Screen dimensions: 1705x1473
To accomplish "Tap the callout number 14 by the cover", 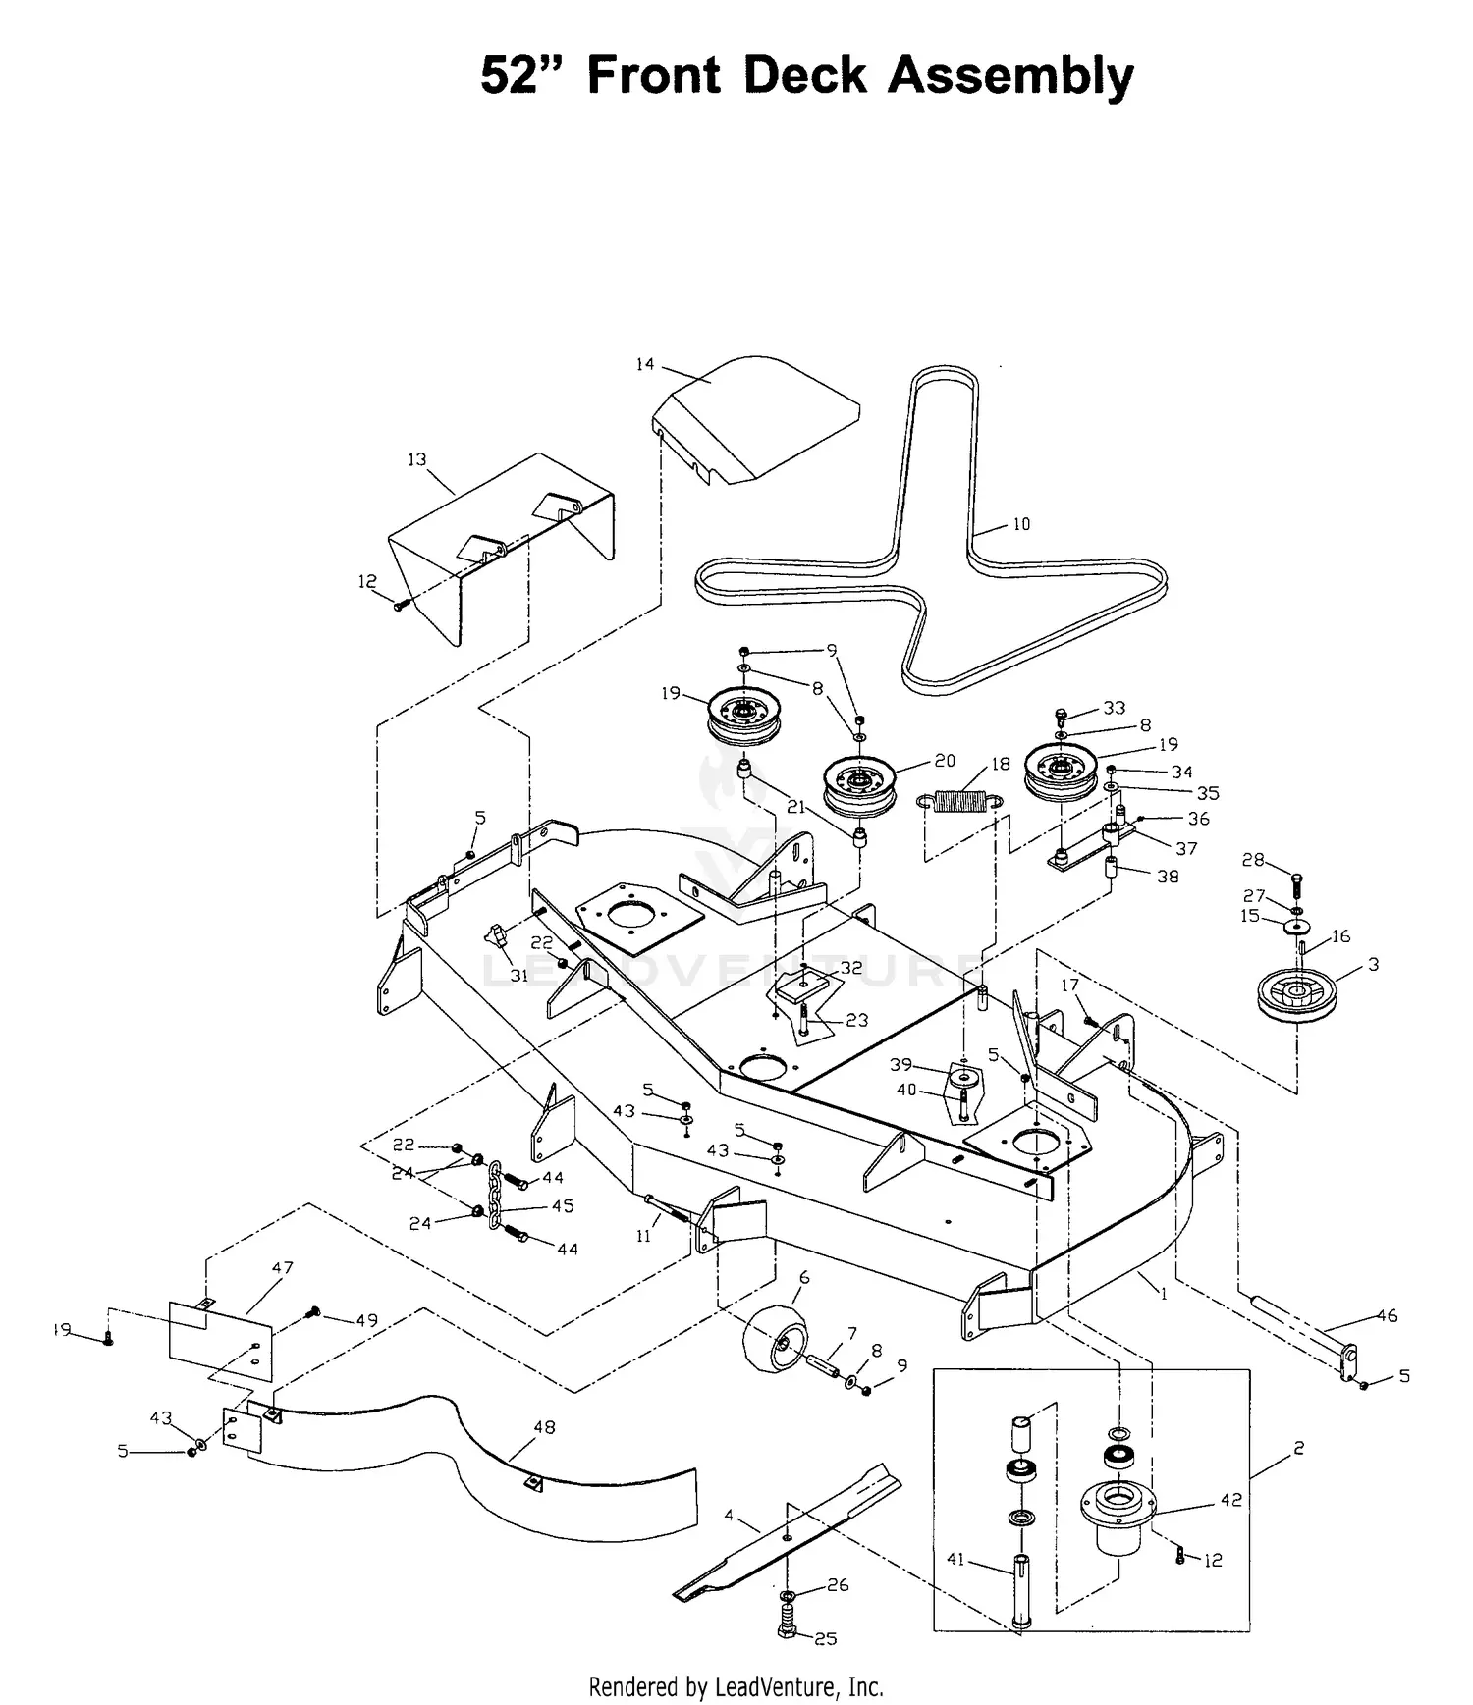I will (x=644, y=365).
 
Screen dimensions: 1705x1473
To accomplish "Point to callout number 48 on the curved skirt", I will (x=544, y=1427).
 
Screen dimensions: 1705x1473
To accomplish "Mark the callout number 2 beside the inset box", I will (x=1298, y=1448).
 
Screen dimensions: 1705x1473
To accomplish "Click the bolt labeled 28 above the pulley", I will (x=1295, y=882).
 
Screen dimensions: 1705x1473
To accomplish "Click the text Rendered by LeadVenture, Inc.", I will (x=736, y=1687).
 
